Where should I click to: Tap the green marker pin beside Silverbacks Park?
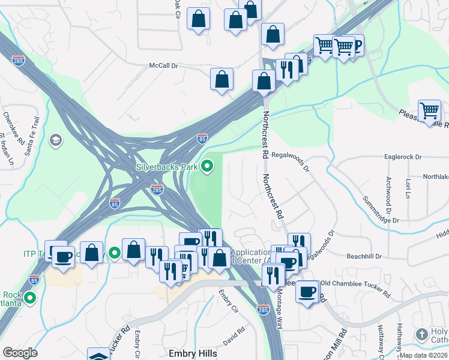click(x=207, y=166)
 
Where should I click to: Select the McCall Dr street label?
click(x=164, y=66)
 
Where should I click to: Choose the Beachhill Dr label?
click(x=366, y=256)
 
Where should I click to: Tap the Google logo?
click(x=20, y=353)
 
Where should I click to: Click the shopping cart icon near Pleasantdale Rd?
click(x=430, y=111)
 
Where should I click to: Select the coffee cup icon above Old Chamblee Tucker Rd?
click(x=307, y=292)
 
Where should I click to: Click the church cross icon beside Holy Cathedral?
click(x=422, y=334)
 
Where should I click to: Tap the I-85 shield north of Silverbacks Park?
click(x=202, y=139)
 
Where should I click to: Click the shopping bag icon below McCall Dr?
click(x=221, y=79)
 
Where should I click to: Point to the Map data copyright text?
click(x=424, y=355)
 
